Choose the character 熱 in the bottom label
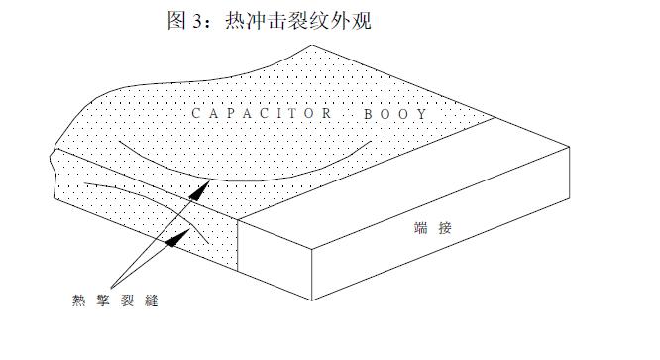77,299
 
